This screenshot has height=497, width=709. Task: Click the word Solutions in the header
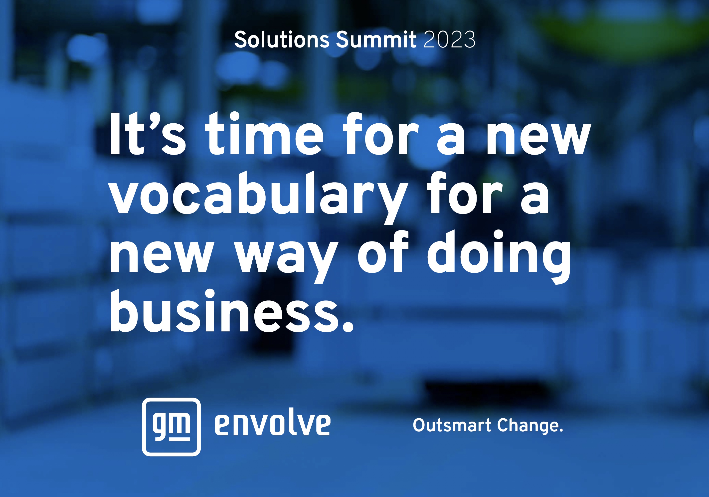tap(282, 39)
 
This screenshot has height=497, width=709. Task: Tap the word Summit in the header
tap(376, 39)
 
